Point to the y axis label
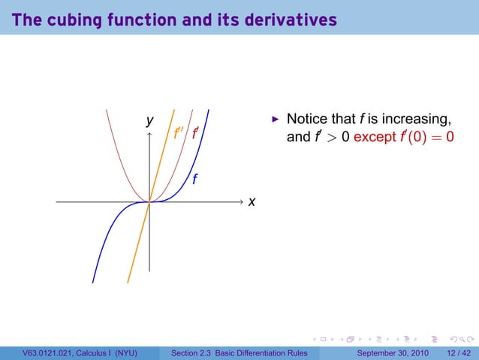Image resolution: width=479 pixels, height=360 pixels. tap(150, 120)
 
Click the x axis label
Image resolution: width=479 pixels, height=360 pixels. tap(252, 202)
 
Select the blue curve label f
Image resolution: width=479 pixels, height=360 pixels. tap(194, 179)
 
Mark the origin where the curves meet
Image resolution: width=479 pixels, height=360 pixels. tap(150, 201)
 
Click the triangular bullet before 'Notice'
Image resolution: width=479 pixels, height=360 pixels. tap(276, 119)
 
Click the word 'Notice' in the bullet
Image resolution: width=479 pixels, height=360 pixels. tap(308, 119)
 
